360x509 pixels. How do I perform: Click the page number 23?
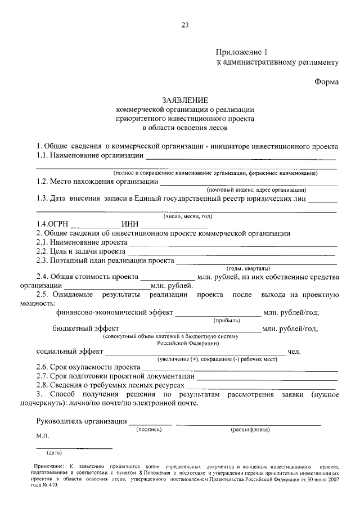pyautogui.click(x=185, y=24)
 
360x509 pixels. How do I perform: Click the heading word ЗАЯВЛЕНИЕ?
pyautogui.click(x=185, y=100)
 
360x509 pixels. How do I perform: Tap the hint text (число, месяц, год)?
pyautogui.click(x=188, y=216)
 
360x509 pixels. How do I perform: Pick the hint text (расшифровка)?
pyautogui.click(x=250, y=430)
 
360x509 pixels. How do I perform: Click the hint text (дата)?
pyautogui.click(x=55, y=453)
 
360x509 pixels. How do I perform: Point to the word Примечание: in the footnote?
pyautogui.click(x=48, y=467)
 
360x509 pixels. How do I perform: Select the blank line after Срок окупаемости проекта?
pyautogui.click(x=240, y=368)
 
